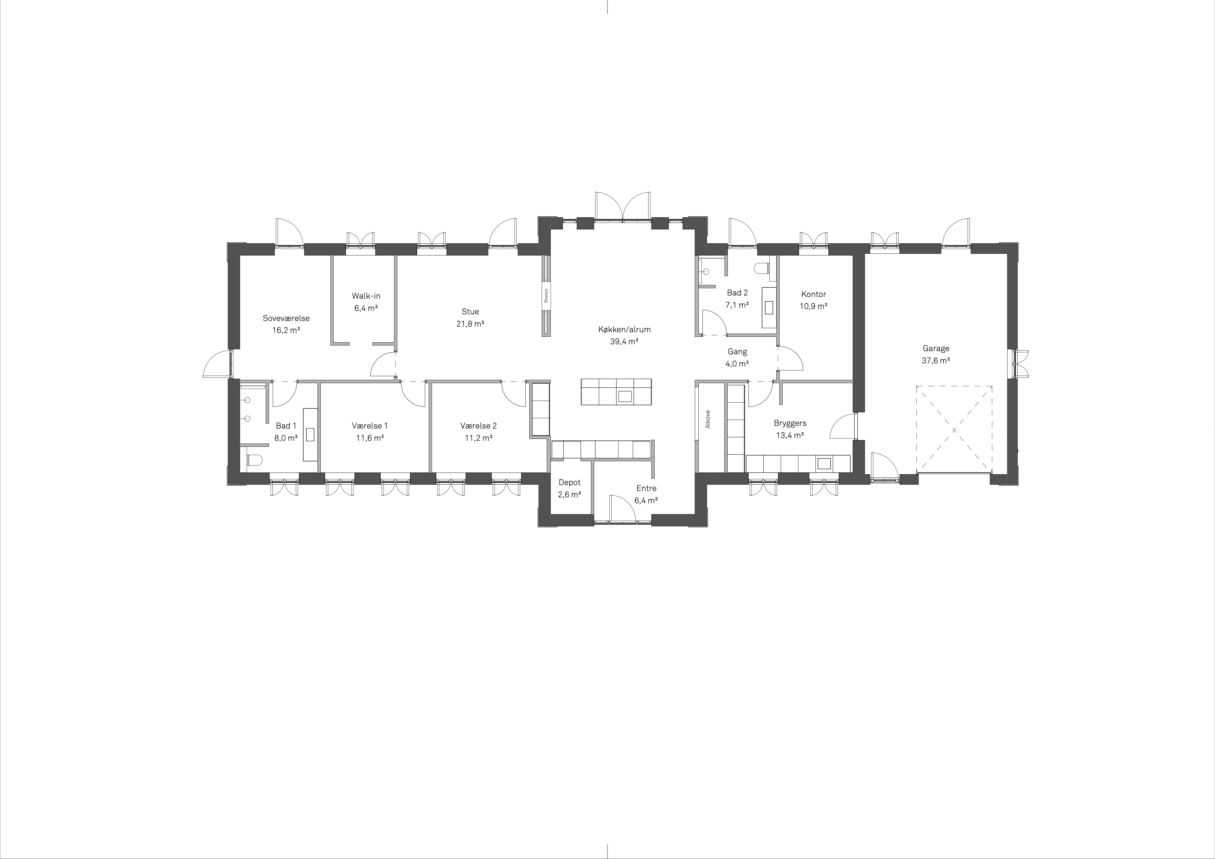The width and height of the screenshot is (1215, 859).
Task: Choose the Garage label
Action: coord(936,348)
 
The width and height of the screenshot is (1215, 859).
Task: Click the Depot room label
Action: coord(569,483)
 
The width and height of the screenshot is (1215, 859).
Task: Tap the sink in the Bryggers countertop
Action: coord(824,464)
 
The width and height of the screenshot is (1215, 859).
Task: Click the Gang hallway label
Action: coord(737,351)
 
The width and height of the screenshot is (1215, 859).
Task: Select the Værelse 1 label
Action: coord(369,426)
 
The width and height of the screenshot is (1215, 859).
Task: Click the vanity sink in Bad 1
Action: coord(310,435)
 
